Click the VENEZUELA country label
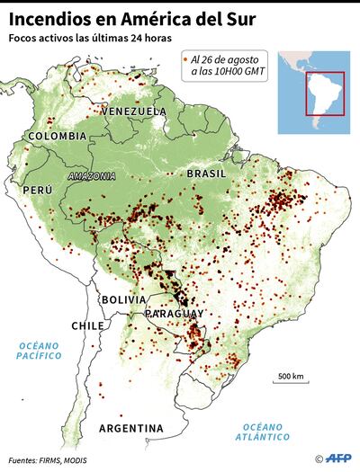click(x=134, y=111)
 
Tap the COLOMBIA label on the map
click(x=57, y=136)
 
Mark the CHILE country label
click(x=89, y=325)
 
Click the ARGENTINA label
click(x=131, y=427)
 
